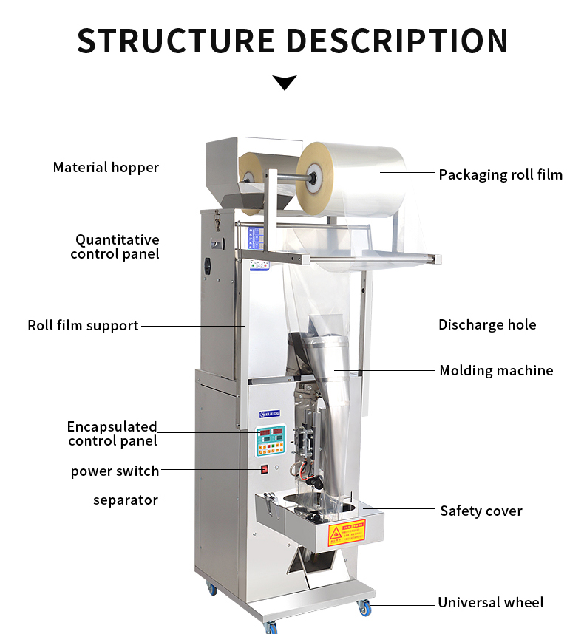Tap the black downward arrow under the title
coord(285,82)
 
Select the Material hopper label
coord(106,167)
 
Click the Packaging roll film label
coord(500,174)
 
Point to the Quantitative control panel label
coord(115,247)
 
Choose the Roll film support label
coord(83,325)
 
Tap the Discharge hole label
coord(487,324)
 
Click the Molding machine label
coord(496,370)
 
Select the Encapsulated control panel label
coord(112,434)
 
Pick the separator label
coord(126,500)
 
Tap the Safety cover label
coord(481,511)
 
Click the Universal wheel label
coord(490,602)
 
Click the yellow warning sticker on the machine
coord(346,532)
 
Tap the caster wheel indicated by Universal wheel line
coord(364,607)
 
